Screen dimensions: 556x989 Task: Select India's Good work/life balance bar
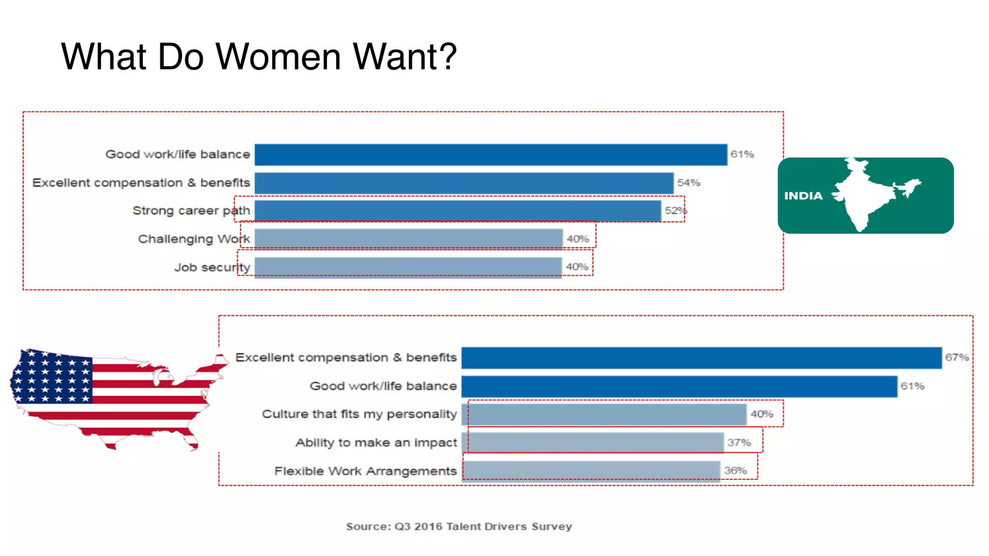click(490, 155)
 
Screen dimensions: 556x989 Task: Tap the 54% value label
click(688, 183)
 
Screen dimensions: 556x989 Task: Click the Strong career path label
click(191, 211)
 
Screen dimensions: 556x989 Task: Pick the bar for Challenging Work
click(408, 239)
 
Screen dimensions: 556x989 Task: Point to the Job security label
click(212, 267)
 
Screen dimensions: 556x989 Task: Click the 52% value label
click(675, 211)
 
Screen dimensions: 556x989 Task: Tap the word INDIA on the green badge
click(803, 196)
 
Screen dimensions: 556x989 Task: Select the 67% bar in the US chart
click(701, 358)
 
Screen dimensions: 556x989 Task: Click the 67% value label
click(957, 358)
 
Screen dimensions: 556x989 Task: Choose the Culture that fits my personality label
click(359, 414)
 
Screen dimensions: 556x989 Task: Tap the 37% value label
click(739, 443)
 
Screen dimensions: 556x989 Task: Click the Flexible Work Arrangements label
click(366, 471)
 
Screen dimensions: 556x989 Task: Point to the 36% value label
click(735, 471)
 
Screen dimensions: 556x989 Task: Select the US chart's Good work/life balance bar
click(679, 387)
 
